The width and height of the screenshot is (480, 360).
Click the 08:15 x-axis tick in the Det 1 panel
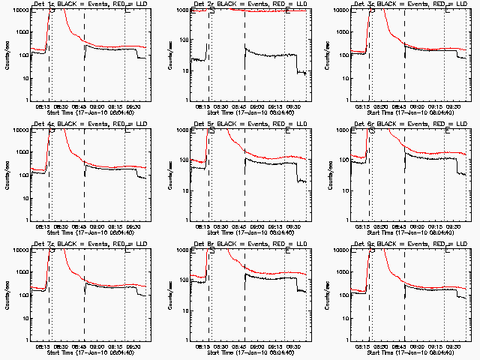pyautogui.click(x=43, y=107)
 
